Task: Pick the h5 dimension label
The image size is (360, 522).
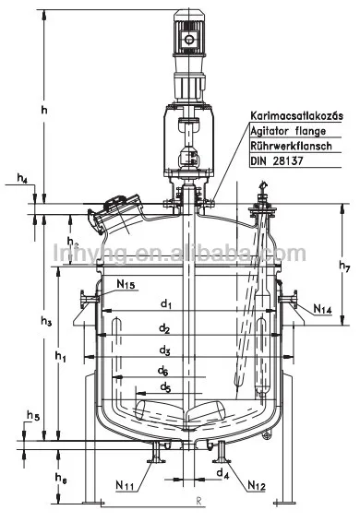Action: (x=33, y=417)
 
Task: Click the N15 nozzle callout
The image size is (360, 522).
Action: (x=126, y=286)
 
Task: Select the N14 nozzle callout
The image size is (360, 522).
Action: (x=322, y=309)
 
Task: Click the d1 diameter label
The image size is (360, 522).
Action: (x=166, y=303)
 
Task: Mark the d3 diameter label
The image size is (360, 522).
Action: (x=164, y=350)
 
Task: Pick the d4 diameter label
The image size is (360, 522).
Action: (x=222, y=475)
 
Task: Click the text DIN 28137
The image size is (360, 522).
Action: (x=278, y=160)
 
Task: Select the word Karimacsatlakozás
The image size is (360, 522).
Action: (x=295, y=116)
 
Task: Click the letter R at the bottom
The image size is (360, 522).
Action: (x=198, y=502)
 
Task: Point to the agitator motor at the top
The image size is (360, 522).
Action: (x=194, y=42)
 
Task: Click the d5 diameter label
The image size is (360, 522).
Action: (x=163, y=387)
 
